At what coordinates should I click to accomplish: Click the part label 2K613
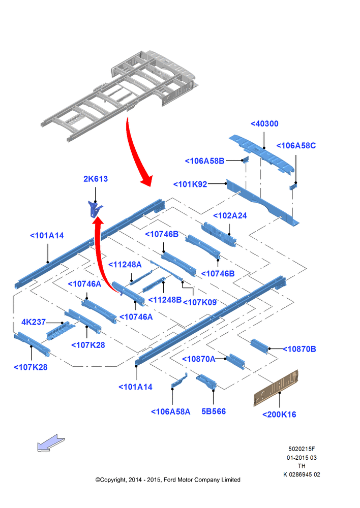[x=96, y=179]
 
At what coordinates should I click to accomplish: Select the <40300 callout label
[x=264, y=124]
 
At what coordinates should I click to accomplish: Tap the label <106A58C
[x=296, y=146]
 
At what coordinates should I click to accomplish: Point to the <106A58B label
[x=204, y=161]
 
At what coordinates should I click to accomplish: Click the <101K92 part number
[x=190, y=184]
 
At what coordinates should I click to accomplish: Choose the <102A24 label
[x=230, y=216]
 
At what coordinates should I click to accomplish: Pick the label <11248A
[x=125, y=265]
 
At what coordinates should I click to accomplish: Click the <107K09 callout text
[x=200, y=302]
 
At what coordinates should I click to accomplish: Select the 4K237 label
[x=34, y=322]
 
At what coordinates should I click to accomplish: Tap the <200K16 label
[x=279, y=415]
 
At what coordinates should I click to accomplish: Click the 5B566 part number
[x=214, y=411]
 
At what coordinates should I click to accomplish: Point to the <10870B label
[x=299, y=350]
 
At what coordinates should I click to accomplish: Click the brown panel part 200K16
[x=276, y=388]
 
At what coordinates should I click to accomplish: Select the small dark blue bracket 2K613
[x=95, y=209]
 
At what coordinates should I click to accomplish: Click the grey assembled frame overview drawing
[x=119, y=96]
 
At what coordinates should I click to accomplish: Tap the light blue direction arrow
[x=51, y=443]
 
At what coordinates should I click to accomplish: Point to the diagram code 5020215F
[x=302, y=449]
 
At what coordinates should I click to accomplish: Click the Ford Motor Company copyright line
[x=168, y=480]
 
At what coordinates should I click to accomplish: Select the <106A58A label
[x=171, y=412]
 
